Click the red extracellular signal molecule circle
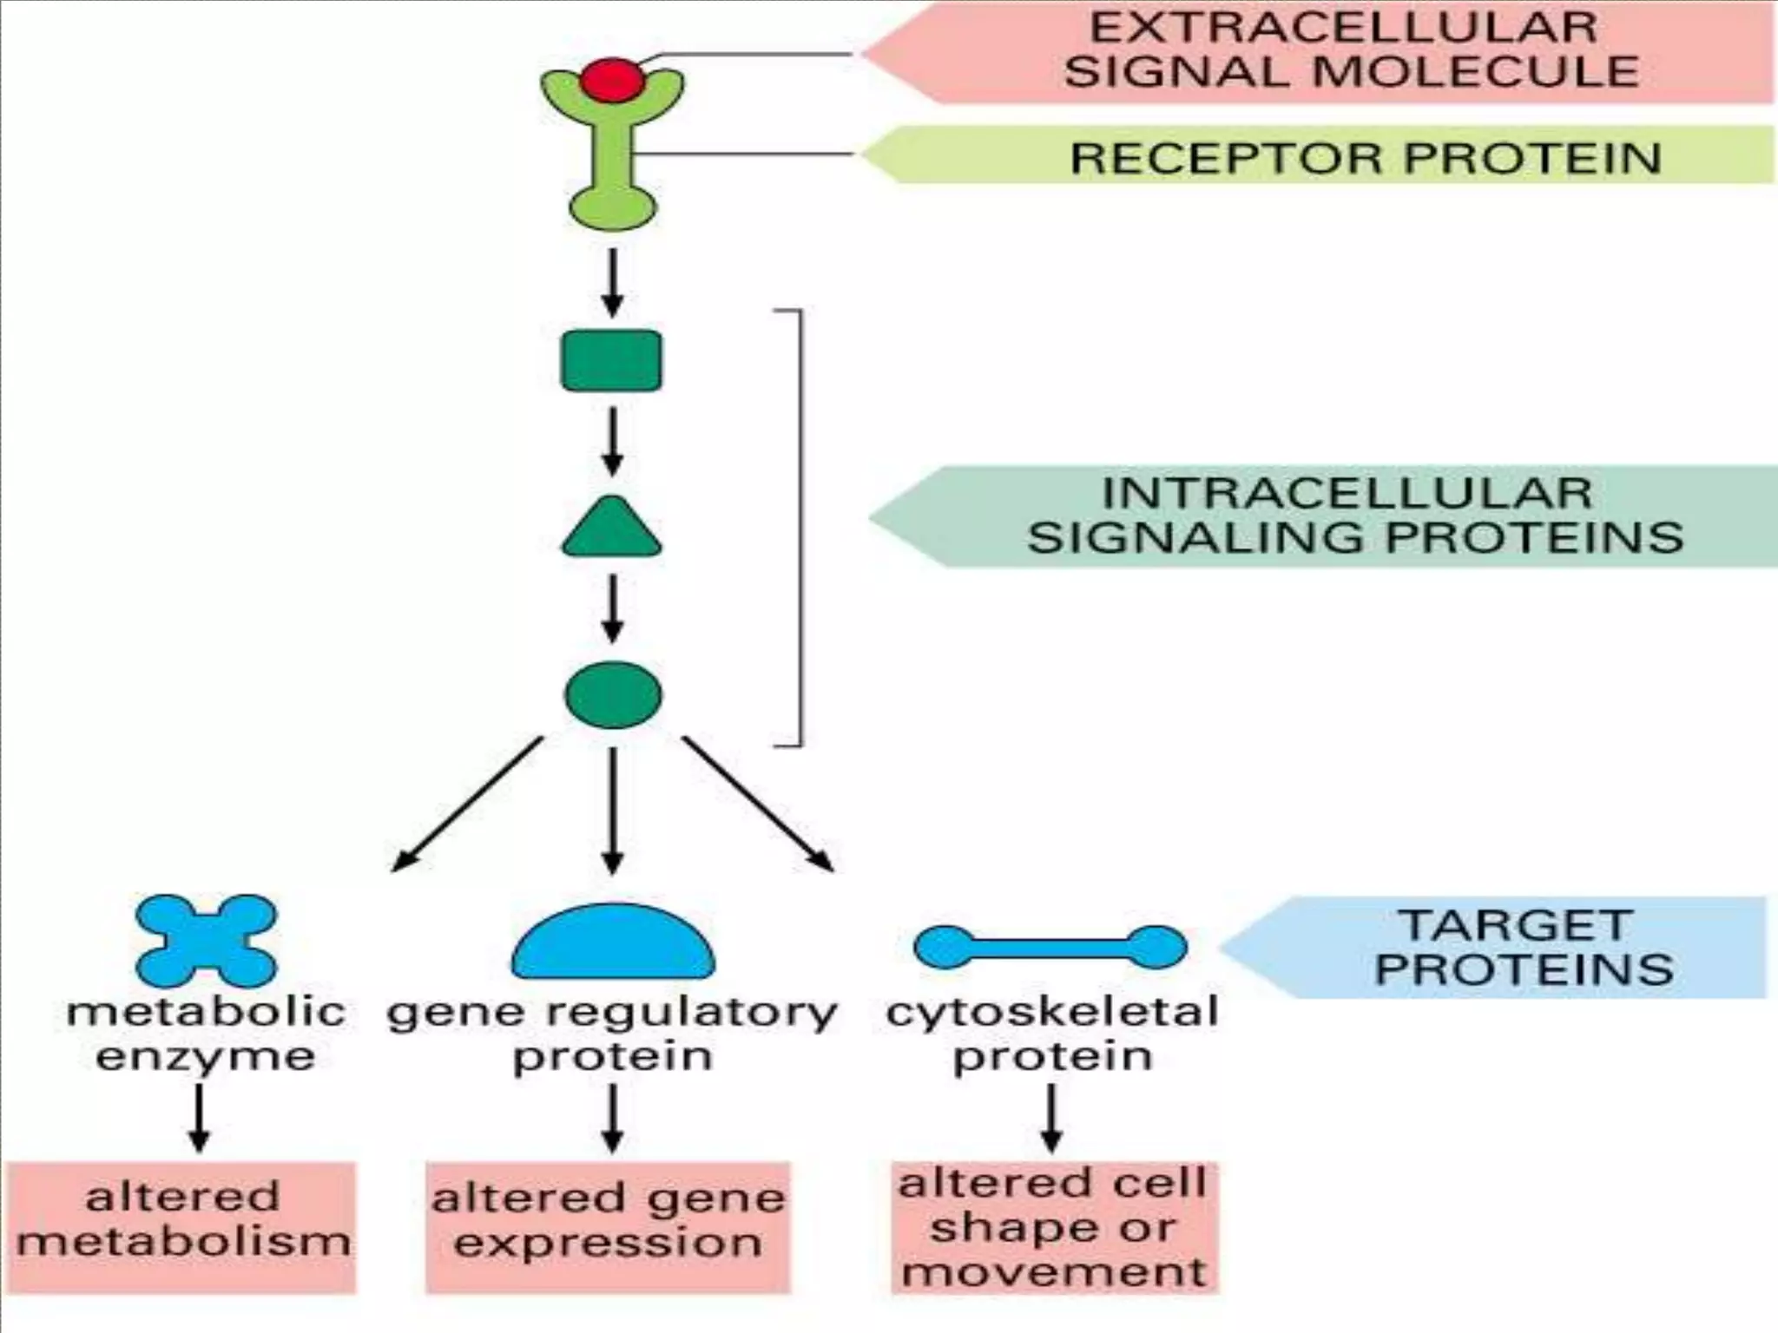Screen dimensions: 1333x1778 coord(613,81)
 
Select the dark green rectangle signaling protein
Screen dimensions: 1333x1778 coord(611,360)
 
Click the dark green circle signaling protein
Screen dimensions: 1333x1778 coord(613,694)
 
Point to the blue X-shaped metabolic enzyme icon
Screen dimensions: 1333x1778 coord(207,941)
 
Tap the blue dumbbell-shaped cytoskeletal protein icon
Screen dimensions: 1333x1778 coord(1050,946)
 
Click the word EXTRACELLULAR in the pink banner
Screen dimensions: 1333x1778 coord(1343,28)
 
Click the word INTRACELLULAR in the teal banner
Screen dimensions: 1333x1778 coord(1347,494)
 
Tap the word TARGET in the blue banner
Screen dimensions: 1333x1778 coord(1516,925)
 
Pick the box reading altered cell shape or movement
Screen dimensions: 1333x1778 coord(1054,1227)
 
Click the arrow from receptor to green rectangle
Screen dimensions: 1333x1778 coord(613,282)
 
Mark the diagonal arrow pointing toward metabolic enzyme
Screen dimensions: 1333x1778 coord(469,803)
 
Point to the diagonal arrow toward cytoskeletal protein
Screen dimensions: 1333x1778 coord(757,803)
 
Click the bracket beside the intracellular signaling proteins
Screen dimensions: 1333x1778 coord(799,527)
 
